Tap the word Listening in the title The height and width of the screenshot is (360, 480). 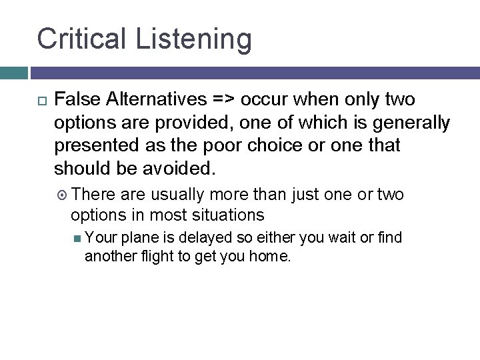(x=194, y=40)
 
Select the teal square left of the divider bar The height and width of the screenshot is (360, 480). (x=13, y=73)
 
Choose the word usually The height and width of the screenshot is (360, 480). (x=179, y=195)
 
